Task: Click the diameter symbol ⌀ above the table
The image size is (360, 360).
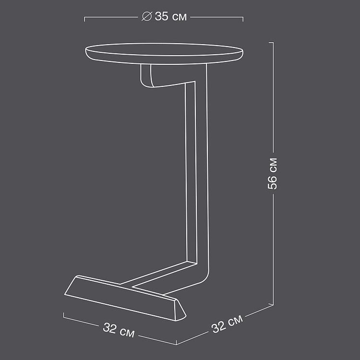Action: point(146,17)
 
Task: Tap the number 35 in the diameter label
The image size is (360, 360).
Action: point(161,17)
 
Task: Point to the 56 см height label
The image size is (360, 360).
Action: point(272,173)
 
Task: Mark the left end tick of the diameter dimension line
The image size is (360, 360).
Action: point(85,19)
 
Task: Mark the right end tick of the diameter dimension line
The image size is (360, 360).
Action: point(243,19)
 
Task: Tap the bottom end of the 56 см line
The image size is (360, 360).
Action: point(273,304)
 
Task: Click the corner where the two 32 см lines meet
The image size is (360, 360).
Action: point(176,344)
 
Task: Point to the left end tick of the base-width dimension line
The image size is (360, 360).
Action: point(64,315)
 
